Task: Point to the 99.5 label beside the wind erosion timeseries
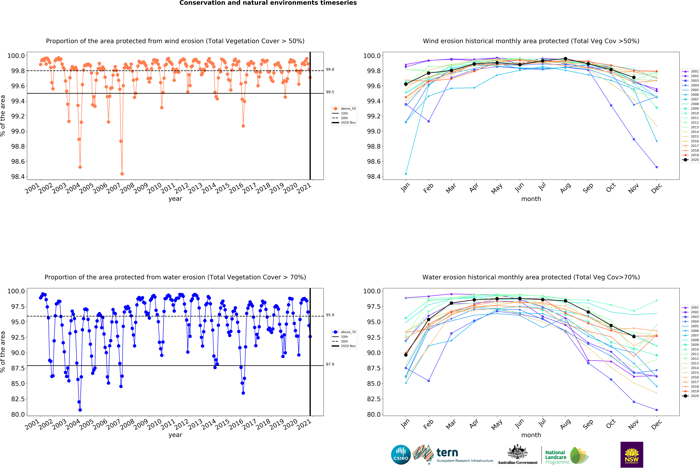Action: [330, 92]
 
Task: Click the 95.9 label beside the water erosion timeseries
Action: [330, 315]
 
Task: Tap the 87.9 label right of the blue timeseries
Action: [330, 364]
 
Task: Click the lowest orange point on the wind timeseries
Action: [122, 174]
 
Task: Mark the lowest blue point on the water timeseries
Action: [80, 410]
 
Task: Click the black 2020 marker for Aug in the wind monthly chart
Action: [565, 59]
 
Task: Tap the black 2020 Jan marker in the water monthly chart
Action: [406, 355]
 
